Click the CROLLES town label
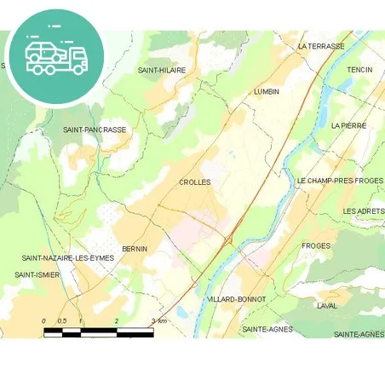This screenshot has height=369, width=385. (x=194, y=182)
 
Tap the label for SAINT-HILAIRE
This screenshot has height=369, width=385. (x=162, y=70)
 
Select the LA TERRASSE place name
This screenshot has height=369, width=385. (x=321, y=46)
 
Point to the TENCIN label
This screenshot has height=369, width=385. (x=359, y=70)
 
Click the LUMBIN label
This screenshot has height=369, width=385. (x=267, y=91)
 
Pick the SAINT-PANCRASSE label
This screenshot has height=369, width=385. (x=95, y=130)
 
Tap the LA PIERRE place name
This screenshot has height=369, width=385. (x=348, y=125)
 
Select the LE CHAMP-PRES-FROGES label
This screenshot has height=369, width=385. (x=339, y=182)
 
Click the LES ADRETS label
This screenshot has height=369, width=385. (x=363, y=210)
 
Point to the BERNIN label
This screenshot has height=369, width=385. (x=135, y=249)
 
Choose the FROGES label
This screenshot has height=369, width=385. (x=315, y=245)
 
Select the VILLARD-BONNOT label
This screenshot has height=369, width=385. (x=236, y=299)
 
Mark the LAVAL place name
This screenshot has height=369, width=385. (x=327, y=305)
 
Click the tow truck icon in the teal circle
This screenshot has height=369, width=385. (x=56, y=56)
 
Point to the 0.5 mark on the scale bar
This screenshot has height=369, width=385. (x=61, y=320)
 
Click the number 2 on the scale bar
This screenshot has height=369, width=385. (x=117, y=320)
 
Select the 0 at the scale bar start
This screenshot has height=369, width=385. (x=44, y=320)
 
